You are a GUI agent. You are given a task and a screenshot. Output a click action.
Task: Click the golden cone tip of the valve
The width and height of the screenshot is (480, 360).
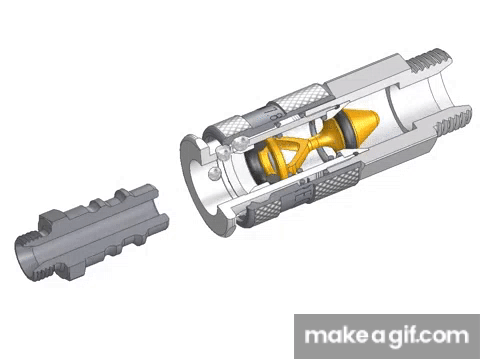[376, 118]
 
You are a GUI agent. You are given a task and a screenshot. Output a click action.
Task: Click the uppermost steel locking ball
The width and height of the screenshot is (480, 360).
[241, 143]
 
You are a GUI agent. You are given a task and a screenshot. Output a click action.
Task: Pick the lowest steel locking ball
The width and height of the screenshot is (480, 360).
[214, 174]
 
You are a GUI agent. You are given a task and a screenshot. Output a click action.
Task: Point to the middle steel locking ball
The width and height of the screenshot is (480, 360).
[223, 153]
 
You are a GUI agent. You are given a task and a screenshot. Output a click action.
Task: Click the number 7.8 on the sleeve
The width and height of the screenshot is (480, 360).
[270, 114]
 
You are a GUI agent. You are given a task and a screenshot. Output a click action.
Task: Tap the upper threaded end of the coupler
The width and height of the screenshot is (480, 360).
[430, 62]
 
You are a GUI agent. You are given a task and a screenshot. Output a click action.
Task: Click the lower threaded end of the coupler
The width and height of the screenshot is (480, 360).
[453, 123]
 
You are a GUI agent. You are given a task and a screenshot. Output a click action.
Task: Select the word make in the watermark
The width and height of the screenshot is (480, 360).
[336, 335]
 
